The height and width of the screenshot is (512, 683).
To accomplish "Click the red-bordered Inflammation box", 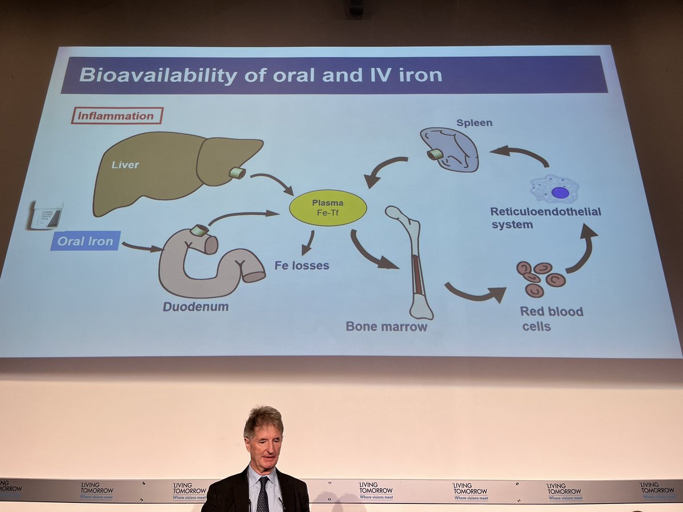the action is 117,115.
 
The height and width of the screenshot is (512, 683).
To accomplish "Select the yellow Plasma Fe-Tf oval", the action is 328,208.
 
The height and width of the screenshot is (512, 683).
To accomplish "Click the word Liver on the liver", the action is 125,166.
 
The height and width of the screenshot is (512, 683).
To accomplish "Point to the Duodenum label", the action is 196,307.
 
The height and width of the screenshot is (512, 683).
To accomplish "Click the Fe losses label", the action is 302,265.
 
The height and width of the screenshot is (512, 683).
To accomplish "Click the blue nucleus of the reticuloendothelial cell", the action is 560,192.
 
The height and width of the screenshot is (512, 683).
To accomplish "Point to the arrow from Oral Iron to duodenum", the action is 141,247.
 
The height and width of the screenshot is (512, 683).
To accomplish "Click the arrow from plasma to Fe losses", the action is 308,243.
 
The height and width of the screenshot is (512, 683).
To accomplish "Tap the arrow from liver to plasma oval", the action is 271,183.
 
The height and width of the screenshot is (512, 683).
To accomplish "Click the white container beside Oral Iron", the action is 46,215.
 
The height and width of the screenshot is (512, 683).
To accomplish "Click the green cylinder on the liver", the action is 237,172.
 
